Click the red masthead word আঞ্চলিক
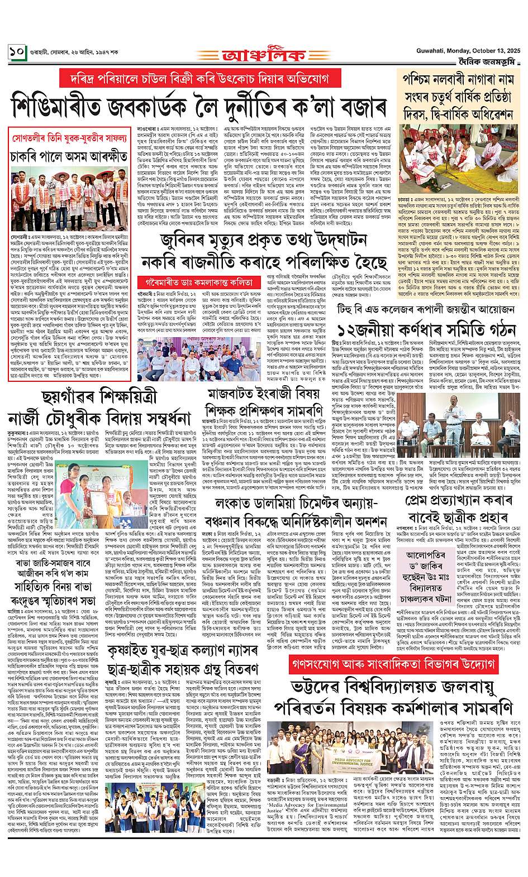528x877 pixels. click(x=263, y=56)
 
